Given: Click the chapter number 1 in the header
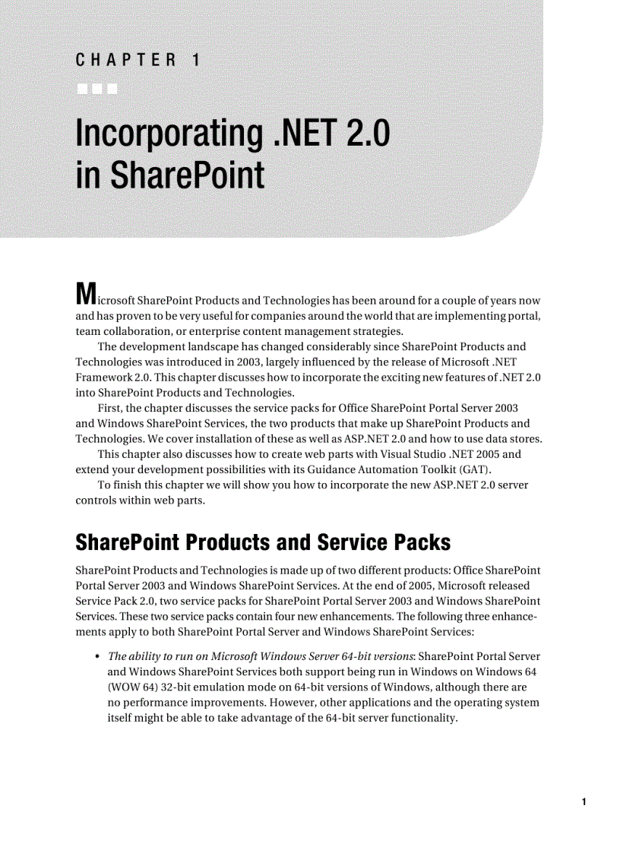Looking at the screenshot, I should pyautogui.click(x=195, y=59).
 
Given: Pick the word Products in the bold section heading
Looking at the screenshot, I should pyautogui.click(x=223, y=543).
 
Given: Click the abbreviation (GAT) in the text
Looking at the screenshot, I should pyautogui.click(x=457, y=469).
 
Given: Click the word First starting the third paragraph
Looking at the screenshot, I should pyautogui.click(x=111, y=408).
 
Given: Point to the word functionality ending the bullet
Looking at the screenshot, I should pyautogui.click(x=419, y=718).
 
